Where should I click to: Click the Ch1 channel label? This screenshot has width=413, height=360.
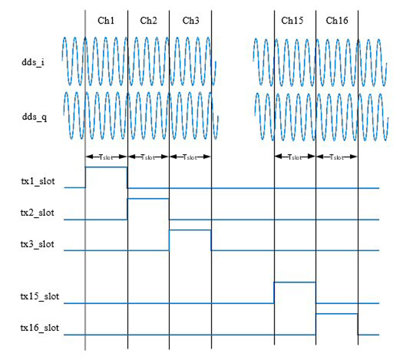tap(106, 20)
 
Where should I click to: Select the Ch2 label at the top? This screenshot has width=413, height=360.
tap(148, 20)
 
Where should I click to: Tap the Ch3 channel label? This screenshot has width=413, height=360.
tap(191, 20)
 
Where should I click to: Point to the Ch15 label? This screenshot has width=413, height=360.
tap(292, 20)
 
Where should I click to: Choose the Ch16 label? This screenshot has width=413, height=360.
tap(337, 20)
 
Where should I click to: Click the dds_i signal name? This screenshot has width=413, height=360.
tap(33, 62)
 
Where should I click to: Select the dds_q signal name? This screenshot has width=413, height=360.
tap(34, 117)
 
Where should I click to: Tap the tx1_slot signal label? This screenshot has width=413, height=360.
tap(38, 182)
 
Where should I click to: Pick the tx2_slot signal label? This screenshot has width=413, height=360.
tap(37, 213)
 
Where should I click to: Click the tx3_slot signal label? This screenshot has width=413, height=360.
tap(37, 244)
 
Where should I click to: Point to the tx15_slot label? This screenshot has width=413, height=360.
tap(39, 297)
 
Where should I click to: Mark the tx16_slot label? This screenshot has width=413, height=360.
tap(39, 328)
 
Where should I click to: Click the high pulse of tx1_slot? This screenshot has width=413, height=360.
tap(106, 167)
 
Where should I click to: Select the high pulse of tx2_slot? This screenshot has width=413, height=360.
tap(148, 199)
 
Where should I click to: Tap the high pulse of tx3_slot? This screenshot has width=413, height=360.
tap(190, 230)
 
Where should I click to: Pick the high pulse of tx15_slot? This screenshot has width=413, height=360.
tap(295, 282)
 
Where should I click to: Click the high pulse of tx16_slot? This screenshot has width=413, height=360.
tap(337, 314)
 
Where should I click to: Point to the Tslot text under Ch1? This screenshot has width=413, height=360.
tap(106, 157)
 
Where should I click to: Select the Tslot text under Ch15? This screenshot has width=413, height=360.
tap(295, 157)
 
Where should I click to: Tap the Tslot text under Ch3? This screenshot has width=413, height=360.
tap(190, 157)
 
